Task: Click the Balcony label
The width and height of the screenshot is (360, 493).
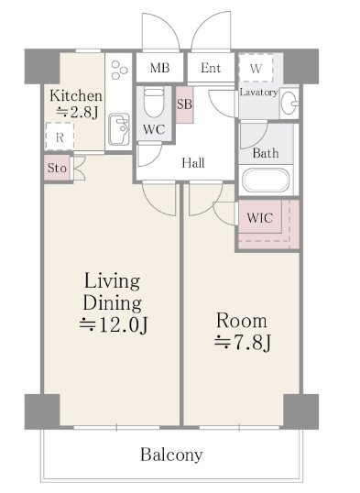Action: [171, 455]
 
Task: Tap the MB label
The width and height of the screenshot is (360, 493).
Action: [159, 68]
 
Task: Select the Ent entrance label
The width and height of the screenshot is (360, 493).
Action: [211, 68]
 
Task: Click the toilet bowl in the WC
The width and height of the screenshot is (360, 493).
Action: [154, 103]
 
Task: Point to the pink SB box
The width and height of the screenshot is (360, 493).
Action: [184, 104]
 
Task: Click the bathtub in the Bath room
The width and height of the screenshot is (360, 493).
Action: [266, 181]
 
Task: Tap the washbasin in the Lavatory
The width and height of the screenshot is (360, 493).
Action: [289, 103]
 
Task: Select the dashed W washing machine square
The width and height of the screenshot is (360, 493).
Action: [256, 68]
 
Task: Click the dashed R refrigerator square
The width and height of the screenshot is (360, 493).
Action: [60, 137]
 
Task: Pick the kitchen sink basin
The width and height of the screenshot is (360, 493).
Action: [119, 129]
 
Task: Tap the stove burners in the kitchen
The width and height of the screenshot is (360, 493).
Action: [119, 70]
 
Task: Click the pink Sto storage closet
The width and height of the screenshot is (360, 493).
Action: [57, 168]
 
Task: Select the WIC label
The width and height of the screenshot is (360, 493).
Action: [260, 217]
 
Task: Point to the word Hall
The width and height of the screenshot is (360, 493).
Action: [193, 162]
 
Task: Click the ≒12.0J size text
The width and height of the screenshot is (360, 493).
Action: [114, 324]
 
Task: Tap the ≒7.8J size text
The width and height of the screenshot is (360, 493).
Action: [242, 343]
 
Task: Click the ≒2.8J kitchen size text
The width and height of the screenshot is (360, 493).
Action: [77, 112]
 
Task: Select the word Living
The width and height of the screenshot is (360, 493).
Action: [112, 281]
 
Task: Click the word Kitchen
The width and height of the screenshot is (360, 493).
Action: [76, 95]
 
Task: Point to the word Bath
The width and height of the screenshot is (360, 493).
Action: [266, 153]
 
